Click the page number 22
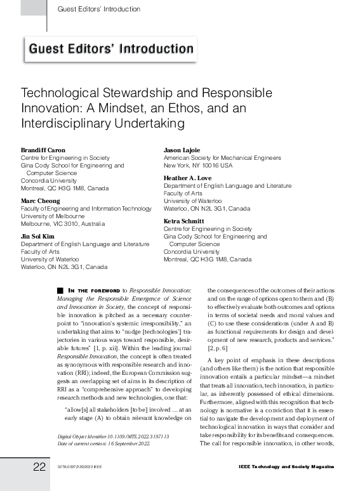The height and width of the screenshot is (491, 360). point(39,467)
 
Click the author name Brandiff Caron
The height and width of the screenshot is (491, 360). point(43,150)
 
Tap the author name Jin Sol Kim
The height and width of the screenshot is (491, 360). point(38,236)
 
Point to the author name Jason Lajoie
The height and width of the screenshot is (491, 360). point(183,150)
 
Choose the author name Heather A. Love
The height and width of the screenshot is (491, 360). point(188,178)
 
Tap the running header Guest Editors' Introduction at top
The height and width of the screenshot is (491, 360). point(99,10)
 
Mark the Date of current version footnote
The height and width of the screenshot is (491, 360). point(102,443)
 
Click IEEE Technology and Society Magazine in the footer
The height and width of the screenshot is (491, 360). point(286,467)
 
